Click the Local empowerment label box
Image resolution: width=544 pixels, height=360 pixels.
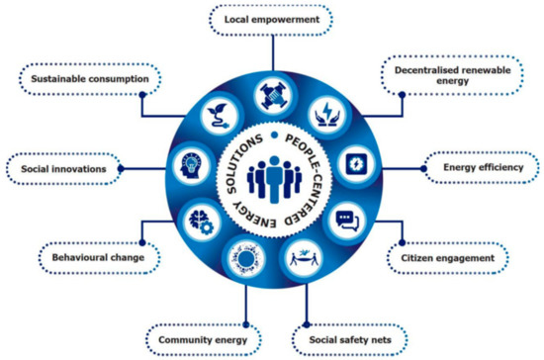271,17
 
